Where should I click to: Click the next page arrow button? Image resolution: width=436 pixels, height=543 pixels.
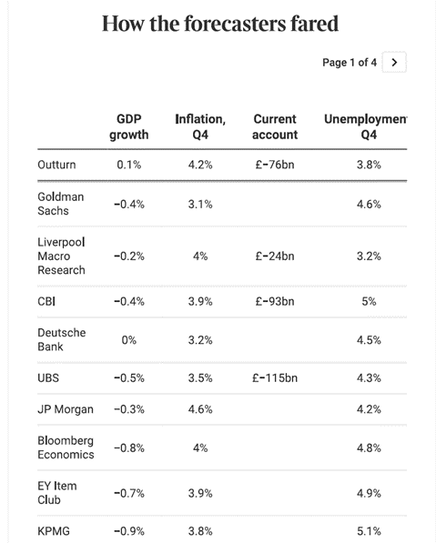(x=393, y=63)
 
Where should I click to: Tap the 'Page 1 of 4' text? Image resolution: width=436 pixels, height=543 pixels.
(x=350, y=63)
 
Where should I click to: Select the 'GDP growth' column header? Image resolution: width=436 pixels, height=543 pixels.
(x=128, y=127)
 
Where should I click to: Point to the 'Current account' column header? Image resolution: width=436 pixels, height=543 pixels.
(x=275, y=127)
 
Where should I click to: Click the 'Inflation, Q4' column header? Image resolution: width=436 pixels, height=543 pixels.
(x=200, y=127)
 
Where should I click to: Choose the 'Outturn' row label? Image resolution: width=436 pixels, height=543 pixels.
(x=56, y=166)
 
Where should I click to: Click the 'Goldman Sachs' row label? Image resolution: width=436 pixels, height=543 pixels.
(x=60, y=204)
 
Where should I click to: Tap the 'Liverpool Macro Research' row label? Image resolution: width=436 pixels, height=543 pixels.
(x=62, y=256)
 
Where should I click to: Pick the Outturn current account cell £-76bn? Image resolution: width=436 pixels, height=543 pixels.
(x=275, y=166)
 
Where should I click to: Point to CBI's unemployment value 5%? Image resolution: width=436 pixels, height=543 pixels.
(x=369, y=301)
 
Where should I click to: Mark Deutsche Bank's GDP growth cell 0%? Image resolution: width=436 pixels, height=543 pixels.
(x=128, y=339)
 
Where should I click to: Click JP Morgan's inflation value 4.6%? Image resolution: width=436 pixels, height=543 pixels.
(x=200, y=409)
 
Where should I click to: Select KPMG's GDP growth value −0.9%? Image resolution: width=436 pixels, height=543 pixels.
(x=128, y=531)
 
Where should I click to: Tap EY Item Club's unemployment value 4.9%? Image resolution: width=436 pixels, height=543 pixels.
(x=369, y=493)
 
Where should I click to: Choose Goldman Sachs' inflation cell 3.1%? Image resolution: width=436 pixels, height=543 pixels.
(x=200, y=205)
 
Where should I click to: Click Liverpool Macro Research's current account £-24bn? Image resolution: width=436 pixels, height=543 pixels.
(x=275, y=256)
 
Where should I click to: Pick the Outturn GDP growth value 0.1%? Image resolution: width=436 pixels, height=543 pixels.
(x=128, y=166)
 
